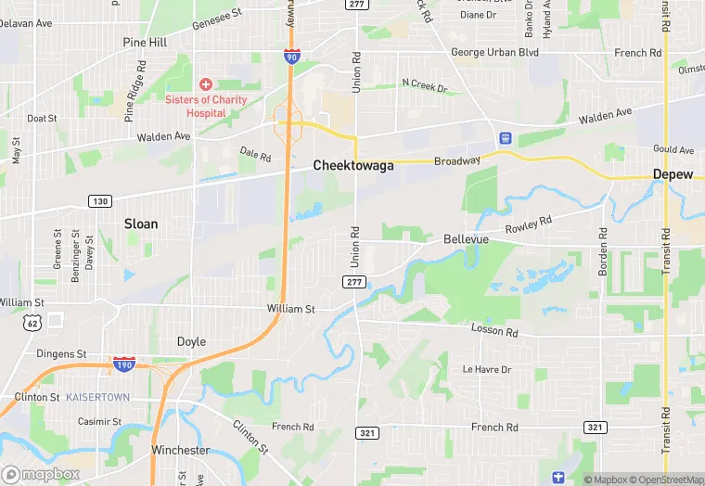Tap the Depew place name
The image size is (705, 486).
coord(673,174)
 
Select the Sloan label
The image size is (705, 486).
coord(141,224)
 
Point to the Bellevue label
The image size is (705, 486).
coord(466,239)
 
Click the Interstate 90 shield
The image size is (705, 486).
coord(292,58)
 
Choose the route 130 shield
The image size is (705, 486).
coord(100,201)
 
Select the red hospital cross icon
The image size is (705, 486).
coord(205,84)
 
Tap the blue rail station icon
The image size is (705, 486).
coord(505,138)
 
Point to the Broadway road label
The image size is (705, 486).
coord(458,161)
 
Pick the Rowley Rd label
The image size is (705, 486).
coord(528,225)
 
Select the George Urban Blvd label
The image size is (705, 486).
coord(494,53)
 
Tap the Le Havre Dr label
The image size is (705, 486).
coord(487,369)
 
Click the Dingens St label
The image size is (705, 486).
coord(61,353)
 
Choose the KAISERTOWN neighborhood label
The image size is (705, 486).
coord(97,397)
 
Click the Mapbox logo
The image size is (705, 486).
coord(40,474)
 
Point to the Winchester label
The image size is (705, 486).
coord(180,451)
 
